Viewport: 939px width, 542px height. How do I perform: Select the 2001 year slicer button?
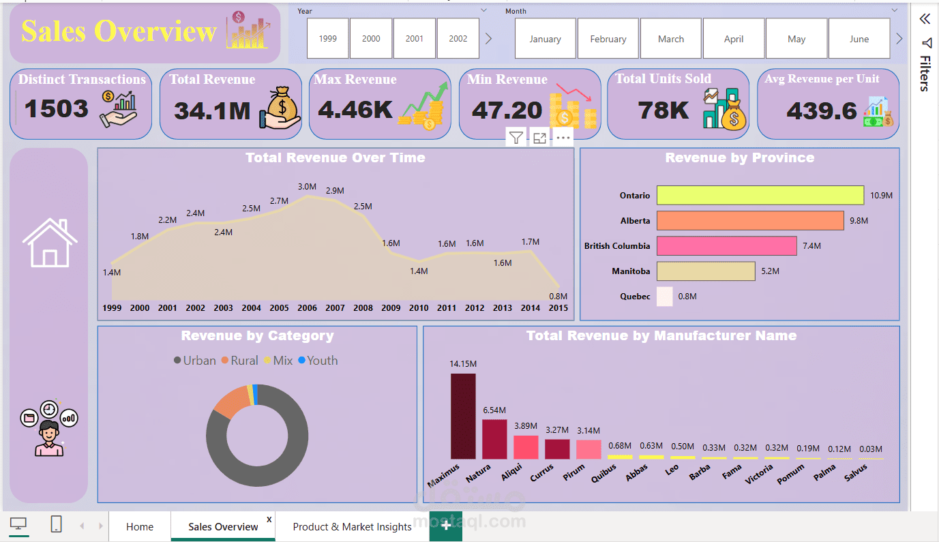click(x=415, y=39)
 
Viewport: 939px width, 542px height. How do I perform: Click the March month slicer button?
click(x=671, y=39)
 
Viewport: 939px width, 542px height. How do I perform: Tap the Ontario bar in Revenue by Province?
click(x=760, y=196)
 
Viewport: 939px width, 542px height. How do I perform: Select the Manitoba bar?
click(x=706, y=271)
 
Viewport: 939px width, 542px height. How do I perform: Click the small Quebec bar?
click(x=665, y=297)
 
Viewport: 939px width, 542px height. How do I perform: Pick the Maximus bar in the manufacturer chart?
click(x=463, y=416)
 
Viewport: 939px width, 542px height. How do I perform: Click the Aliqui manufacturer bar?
click(x=526, y=447)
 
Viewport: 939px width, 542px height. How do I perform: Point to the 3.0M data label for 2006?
click(x=307, y=187)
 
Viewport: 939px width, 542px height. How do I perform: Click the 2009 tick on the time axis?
click(x=391, y=308)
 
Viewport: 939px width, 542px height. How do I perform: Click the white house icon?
click(x=50, y=243)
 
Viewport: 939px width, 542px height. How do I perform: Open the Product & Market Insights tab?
click(x=352, y=527)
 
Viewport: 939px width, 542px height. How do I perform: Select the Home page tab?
click(x=140, y=527)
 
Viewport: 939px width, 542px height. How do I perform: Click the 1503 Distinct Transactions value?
click(x=57, y=108)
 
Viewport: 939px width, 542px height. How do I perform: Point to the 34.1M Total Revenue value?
click(x=212, y=110)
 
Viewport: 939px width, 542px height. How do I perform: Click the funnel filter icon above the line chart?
click(x=516, y=138)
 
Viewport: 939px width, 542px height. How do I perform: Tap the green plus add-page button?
click(x=446, y=526)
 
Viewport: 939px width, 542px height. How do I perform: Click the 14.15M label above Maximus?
click(x=463, y=364)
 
